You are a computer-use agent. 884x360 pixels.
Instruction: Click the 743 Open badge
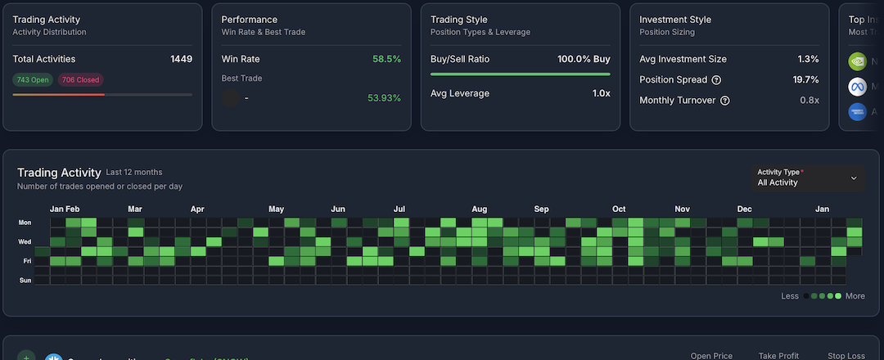coord(32,79)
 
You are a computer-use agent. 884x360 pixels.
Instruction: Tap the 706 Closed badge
coord(80,79)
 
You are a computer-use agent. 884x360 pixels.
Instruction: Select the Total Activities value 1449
coord(181,59)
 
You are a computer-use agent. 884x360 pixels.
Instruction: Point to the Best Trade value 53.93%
coord(384,98)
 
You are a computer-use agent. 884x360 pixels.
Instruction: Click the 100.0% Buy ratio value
coord(584,59)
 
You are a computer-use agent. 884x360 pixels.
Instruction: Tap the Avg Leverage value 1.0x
coord(601,93)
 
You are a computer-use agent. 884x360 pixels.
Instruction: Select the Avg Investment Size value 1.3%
coord(808,59)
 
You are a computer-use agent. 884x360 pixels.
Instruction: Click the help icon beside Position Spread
coord(716,80)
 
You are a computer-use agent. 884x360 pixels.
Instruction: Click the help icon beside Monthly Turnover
coord(724,101)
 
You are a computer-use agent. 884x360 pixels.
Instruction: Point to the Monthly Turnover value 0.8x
coord(809,101)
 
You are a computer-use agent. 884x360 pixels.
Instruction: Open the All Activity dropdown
coord(807,178)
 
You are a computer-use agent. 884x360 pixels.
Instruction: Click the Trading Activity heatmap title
coord(59,173)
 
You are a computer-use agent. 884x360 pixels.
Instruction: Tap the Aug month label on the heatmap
coord(480,209)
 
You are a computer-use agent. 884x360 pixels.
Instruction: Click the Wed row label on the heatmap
coord(25,242)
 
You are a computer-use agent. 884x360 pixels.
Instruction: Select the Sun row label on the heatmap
coord(25,281)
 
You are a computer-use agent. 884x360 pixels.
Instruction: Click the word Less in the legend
coord(790,296)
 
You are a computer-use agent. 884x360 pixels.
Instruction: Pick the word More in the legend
coord(855,296)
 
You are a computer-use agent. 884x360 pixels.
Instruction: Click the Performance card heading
coord(250,20)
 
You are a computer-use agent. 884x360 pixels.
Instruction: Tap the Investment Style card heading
coord(675,20)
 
